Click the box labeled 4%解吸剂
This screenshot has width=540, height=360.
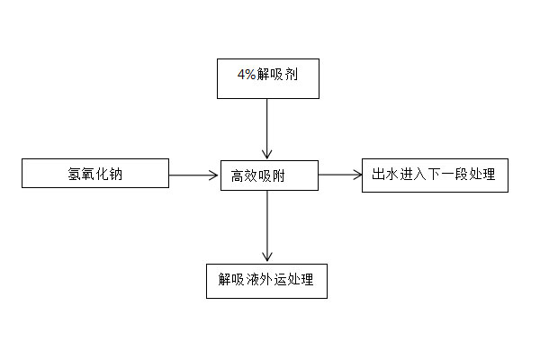tap(267, 78)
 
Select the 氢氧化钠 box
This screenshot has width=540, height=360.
tap(95, 173)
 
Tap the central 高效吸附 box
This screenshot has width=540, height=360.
tap(268, 175)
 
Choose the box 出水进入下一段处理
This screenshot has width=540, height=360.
tap(435, 175)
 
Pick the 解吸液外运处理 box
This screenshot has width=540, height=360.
tap(265, 280)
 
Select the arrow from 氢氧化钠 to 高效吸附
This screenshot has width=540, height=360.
tap(193, 175)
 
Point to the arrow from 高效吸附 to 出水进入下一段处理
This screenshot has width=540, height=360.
tap(339, 175)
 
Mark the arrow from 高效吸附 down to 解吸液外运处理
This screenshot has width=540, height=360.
tap(266, 225)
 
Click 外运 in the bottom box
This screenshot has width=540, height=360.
tap(266, 280)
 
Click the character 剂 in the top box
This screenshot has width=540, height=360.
tap(292, 76)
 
